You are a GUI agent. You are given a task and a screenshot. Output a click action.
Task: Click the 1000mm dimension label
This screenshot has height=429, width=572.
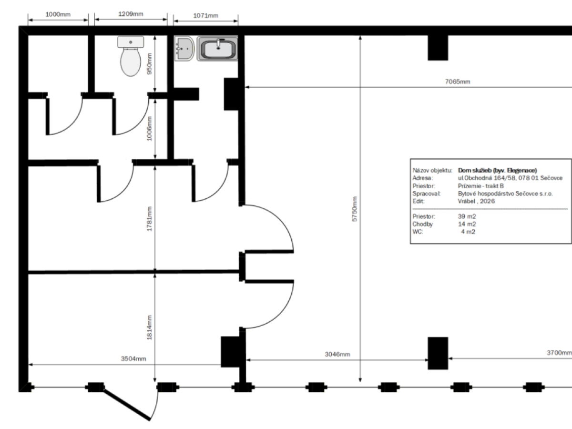click(58, 14)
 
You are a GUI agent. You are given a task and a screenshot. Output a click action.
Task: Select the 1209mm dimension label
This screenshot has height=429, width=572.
click(131, 14)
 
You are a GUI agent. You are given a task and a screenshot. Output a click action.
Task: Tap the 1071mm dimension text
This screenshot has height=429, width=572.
click(205, 16)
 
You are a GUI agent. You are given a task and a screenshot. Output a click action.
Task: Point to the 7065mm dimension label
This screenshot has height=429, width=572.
click(458, 82)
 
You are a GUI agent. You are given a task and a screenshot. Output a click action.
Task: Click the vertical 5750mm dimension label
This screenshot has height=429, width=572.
click(355, 209)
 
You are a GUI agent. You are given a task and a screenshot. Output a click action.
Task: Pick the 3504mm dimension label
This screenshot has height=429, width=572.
click(133, 358)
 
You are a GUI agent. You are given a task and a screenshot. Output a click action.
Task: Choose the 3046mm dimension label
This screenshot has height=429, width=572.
click(337, 354)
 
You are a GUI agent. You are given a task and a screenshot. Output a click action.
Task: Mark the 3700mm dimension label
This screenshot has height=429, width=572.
click(559, 353)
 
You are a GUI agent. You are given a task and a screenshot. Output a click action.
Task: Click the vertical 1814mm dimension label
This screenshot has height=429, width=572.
click(149, 327)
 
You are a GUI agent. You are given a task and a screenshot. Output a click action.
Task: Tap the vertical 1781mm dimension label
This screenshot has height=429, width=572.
click(149, 219)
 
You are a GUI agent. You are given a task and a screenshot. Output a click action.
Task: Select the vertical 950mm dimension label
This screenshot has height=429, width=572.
click(149, 64)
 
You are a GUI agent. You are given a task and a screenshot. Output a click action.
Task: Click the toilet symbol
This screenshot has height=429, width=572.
click(131, 56)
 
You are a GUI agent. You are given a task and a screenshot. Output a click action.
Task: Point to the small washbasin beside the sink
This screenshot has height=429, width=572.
click(184, 49)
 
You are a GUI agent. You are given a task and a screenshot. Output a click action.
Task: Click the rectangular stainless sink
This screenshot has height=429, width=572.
click(217, 49)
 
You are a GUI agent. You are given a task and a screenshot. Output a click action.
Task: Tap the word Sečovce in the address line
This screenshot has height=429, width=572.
click(551, 178)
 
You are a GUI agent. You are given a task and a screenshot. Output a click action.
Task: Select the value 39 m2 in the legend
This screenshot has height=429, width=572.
click(467, 216)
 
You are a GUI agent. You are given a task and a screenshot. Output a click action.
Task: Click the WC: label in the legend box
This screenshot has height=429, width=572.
click(418, 232)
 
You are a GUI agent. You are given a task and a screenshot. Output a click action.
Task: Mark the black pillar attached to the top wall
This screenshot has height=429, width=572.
click(438, 48)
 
